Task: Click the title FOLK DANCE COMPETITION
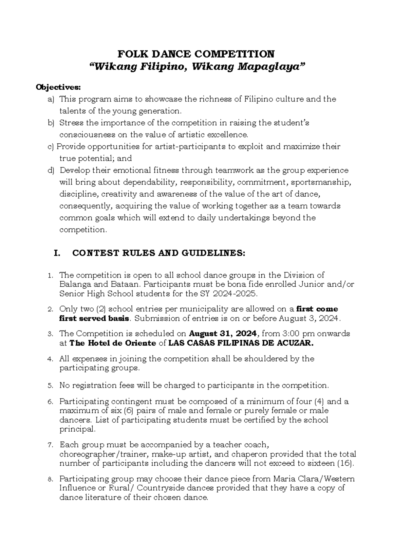coord(196,54)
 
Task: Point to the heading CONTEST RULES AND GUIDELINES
coord(158,253)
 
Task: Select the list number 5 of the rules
coord(50,386)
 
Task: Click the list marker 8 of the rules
coord(50,480)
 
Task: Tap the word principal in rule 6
coord(77,429)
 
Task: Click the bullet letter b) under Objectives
coord(50,123)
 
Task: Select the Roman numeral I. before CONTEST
coord(56,253)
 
